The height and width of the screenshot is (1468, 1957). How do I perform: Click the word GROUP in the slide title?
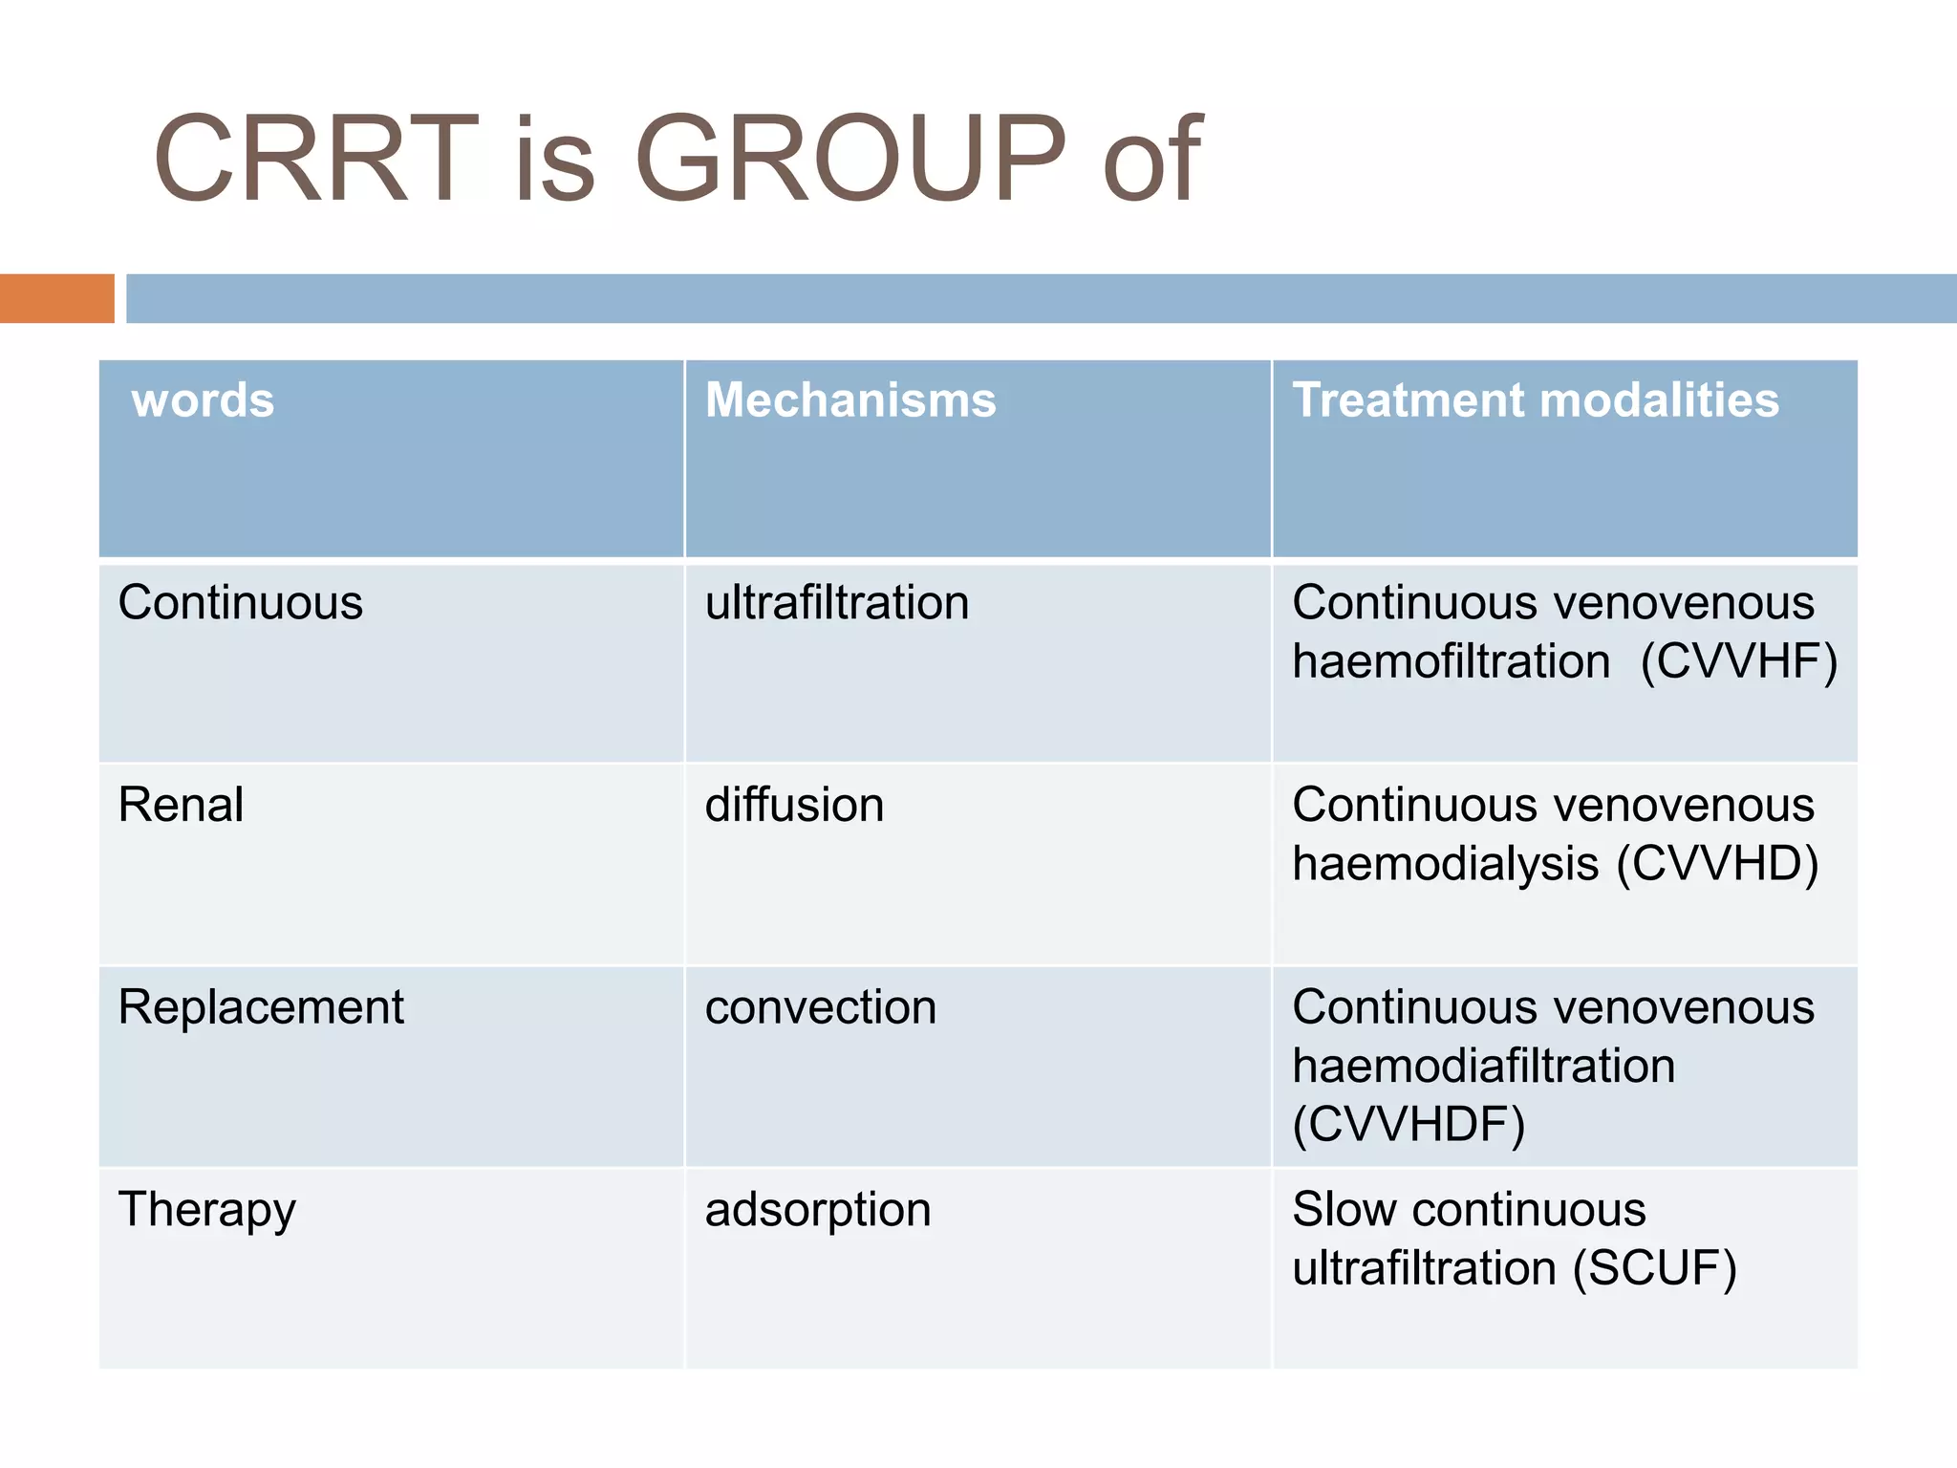coord(849,159)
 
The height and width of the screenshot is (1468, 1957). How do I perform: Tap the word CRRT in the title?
coord(315,159)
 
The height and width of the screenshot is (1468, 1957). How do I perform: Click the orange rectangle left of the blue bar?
coord(56,298)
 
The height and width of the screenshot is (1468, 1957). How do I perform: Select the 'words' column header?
coord(203,399)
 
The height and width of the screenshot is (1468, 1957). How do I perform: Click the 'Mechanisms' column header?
coord(850,399)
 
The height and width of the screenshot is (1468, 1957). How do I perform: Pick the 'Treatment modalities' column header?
coord(1536,399)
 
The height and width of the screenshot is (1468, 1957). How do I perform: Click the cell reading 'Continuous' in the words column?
coord(241,603)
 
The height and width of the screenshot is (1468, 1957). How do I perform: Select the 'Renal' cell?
coord(181,805)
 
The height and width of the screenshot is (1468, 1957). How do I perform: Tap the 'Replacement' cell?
coord(261,1007)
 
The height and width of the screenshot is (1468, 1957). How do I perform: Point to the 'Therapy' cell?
coord(206,1210)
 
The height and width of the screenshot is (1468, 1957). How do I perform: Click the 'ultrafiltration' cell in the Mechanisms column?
coord(837,603)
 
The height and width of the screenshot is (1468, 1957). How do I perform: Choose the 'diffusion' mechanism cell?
coord(794,805)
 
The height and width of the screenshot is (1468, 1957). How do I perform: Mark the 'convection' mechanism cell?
coord(821,1007)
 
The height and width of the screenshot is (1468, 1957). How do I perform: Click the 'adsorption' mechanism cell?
coord(818,1210)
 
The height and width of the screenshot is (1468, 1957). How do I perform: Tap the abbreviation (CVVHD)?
coord(1717,864)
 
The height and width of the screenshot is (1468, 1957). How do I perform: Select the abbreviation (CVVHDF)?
coord(1409,1124)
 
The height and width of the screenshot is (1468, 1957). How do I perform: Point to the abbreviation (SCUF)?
coord(1655,1269)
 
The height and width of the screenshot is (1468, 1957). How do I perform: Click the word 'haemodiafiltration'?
coord(1484,1066)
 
